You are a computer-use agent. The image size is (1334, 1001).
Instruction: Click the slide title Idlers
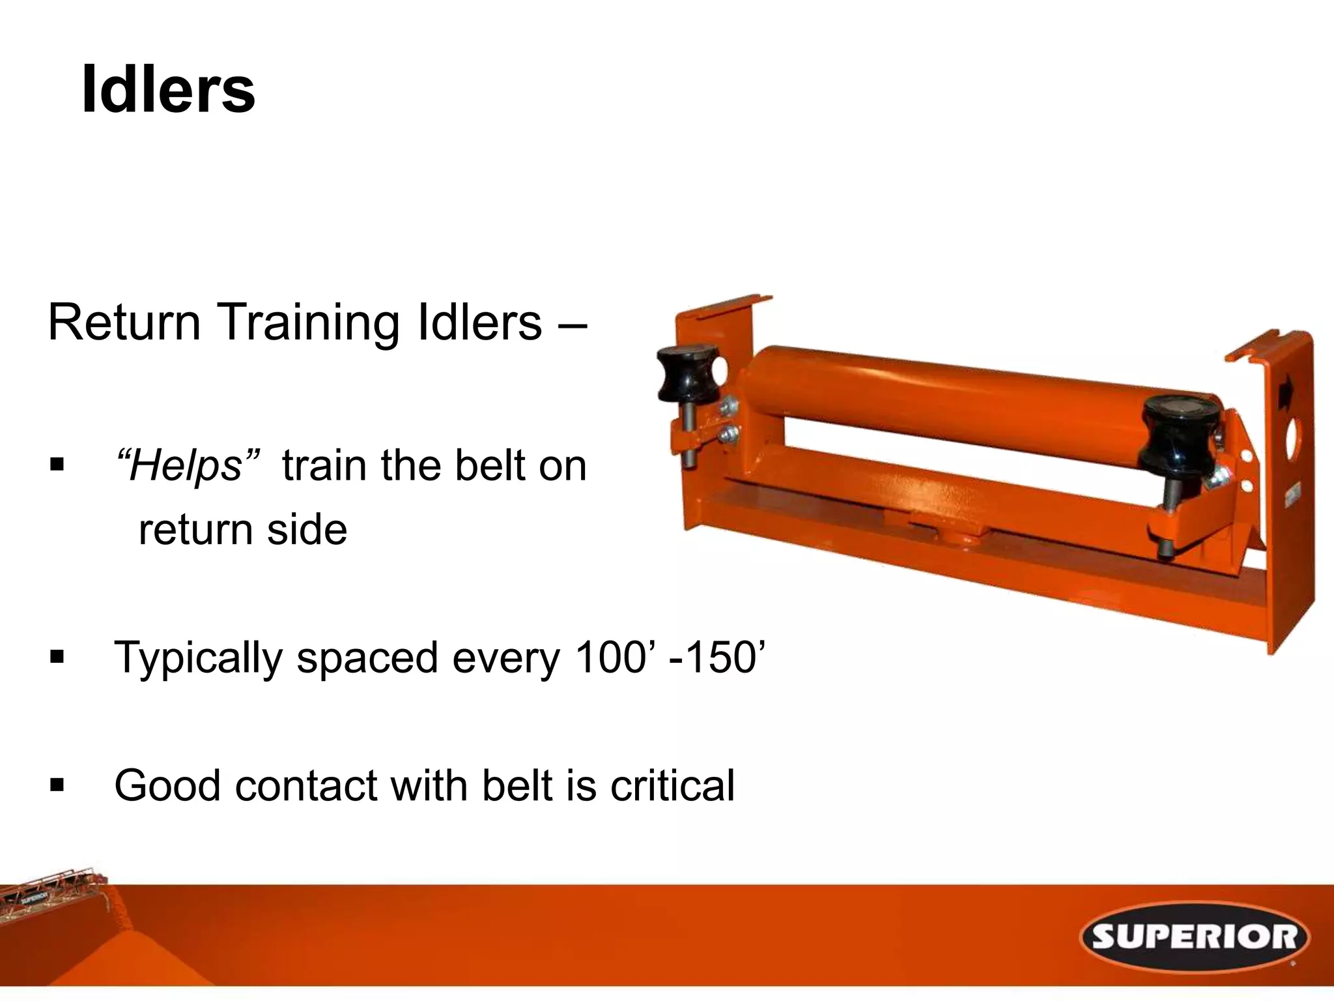click(168, 90)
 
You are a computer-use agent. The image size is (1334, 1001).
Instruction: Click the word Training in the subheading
click(307, 323)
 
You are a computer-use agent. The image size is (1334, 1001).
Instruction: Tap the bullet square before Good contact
click(57, 785)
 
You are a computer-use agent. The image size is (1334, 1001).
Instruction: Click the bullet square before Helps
click(57, 465)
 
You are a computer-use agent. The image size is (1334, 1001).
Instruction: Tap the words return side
click(242, 529)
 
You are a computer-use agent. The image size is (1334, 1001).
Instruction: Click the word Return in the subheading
click(124, 323)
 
